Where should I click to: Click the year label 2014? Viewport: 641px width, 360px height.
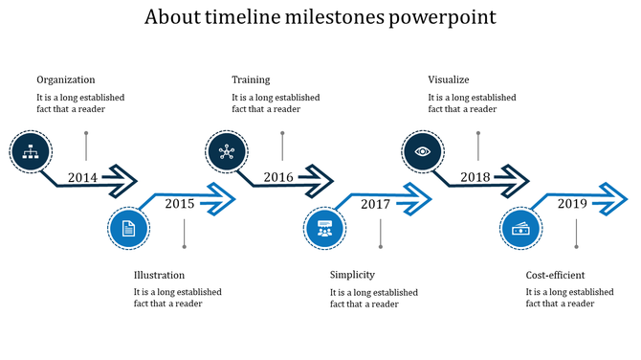[83, 177]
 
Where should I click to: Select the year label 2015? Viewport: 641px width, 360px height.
[179, 204]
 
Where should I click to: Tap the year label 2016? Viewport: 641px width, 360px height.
[278, 177]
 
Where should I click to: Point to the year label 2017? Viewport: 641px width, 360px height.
[375, 204]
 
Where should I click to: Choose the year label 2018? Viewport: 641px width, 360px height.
[475, 177]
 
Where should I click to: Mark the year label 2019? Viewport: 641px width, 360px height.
[572, 204]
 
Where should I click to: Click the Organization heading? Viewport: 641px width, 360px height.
[66, 80]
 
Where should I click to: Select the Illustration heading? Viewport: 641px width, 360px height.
[160, 276]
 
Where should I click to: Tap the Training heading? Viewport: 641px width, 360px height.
[251, 80]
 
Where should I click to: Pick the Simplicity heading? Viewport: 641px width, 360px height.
[352, 276]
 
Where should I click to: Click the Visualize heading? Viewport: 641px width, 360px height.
[449, 80]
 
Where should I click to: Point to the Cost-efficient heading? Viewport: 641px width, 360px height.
[556, 276]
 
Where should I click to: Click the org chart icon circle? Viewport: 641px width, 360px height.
[30, 149]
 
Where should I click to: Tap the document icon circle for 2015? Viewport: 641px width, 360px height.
[128, 229]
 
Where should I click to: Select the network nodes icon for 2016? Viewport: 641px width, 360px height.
[226, 150]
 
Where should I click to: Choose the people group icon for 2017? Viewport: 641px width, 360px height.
[324, 229]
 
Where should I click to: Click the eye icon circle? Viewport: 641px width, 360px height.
[422, 150]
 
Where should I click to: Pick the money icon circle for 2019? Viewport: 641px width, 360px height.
[521, 229]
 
